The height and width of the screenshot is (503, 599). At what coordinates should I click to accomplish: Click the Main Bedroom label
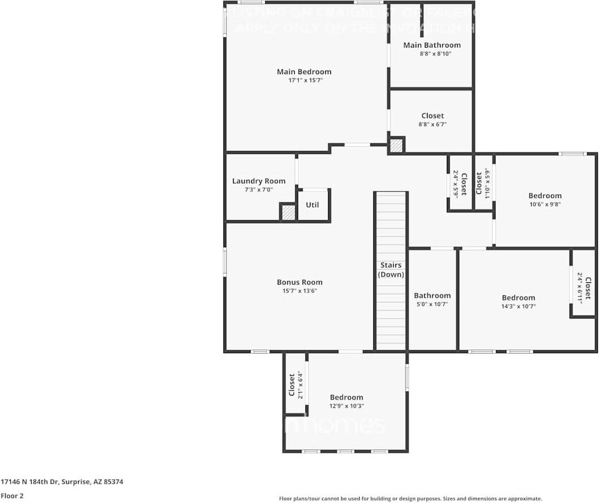[x=304, y=72]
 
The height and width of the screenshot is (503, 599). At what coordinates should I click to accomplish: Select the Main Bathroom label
[x=432, y=45]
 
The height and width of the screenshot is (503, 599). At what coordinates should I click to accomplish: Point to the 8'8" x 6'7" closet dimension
[x=432, y=124]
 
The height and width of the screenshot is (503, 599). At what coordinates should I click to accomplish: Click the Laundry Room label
[x=258, y=181]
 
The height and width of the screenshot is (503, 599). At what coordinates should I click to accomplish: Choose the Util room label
[x=312, y=204]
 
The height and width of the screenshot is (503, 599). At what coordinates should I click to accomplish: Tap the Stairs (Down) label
[x=391, y=270]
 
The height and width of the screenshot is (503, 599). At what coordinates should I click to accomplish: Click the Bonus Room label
[x=299, y=282]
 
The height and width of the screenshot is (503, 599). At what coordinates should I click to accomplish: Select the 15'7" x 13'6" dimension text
[x=299, y=291]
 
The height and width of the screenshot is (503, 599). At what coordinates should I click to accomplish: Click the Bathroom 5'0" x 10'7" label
[x=432, y=295]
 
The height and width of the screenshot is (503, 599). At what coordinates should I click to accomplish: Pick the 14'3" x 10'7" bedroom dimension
[x=518, y=306]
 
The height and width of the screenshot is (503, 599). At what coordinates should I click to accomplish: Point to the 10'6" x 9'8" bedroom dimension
[x=545, y=205]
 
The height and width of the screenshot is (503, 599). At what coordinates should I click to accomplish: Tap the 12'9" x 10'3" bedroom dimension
[x=346, y=406]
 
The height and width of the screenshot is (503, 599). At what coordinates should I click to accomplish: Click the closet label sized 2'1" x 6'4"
[x=292, y=385]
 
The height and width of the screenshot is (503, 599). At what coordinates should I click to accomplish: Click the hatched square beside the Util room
[x=288, y=213]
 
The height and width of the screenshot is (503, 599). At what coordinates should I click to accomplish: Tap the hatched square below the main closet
[x=397, y=145]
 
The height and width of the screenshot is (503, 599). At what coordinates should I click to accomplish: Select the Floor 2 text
[x=12, y=496]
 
